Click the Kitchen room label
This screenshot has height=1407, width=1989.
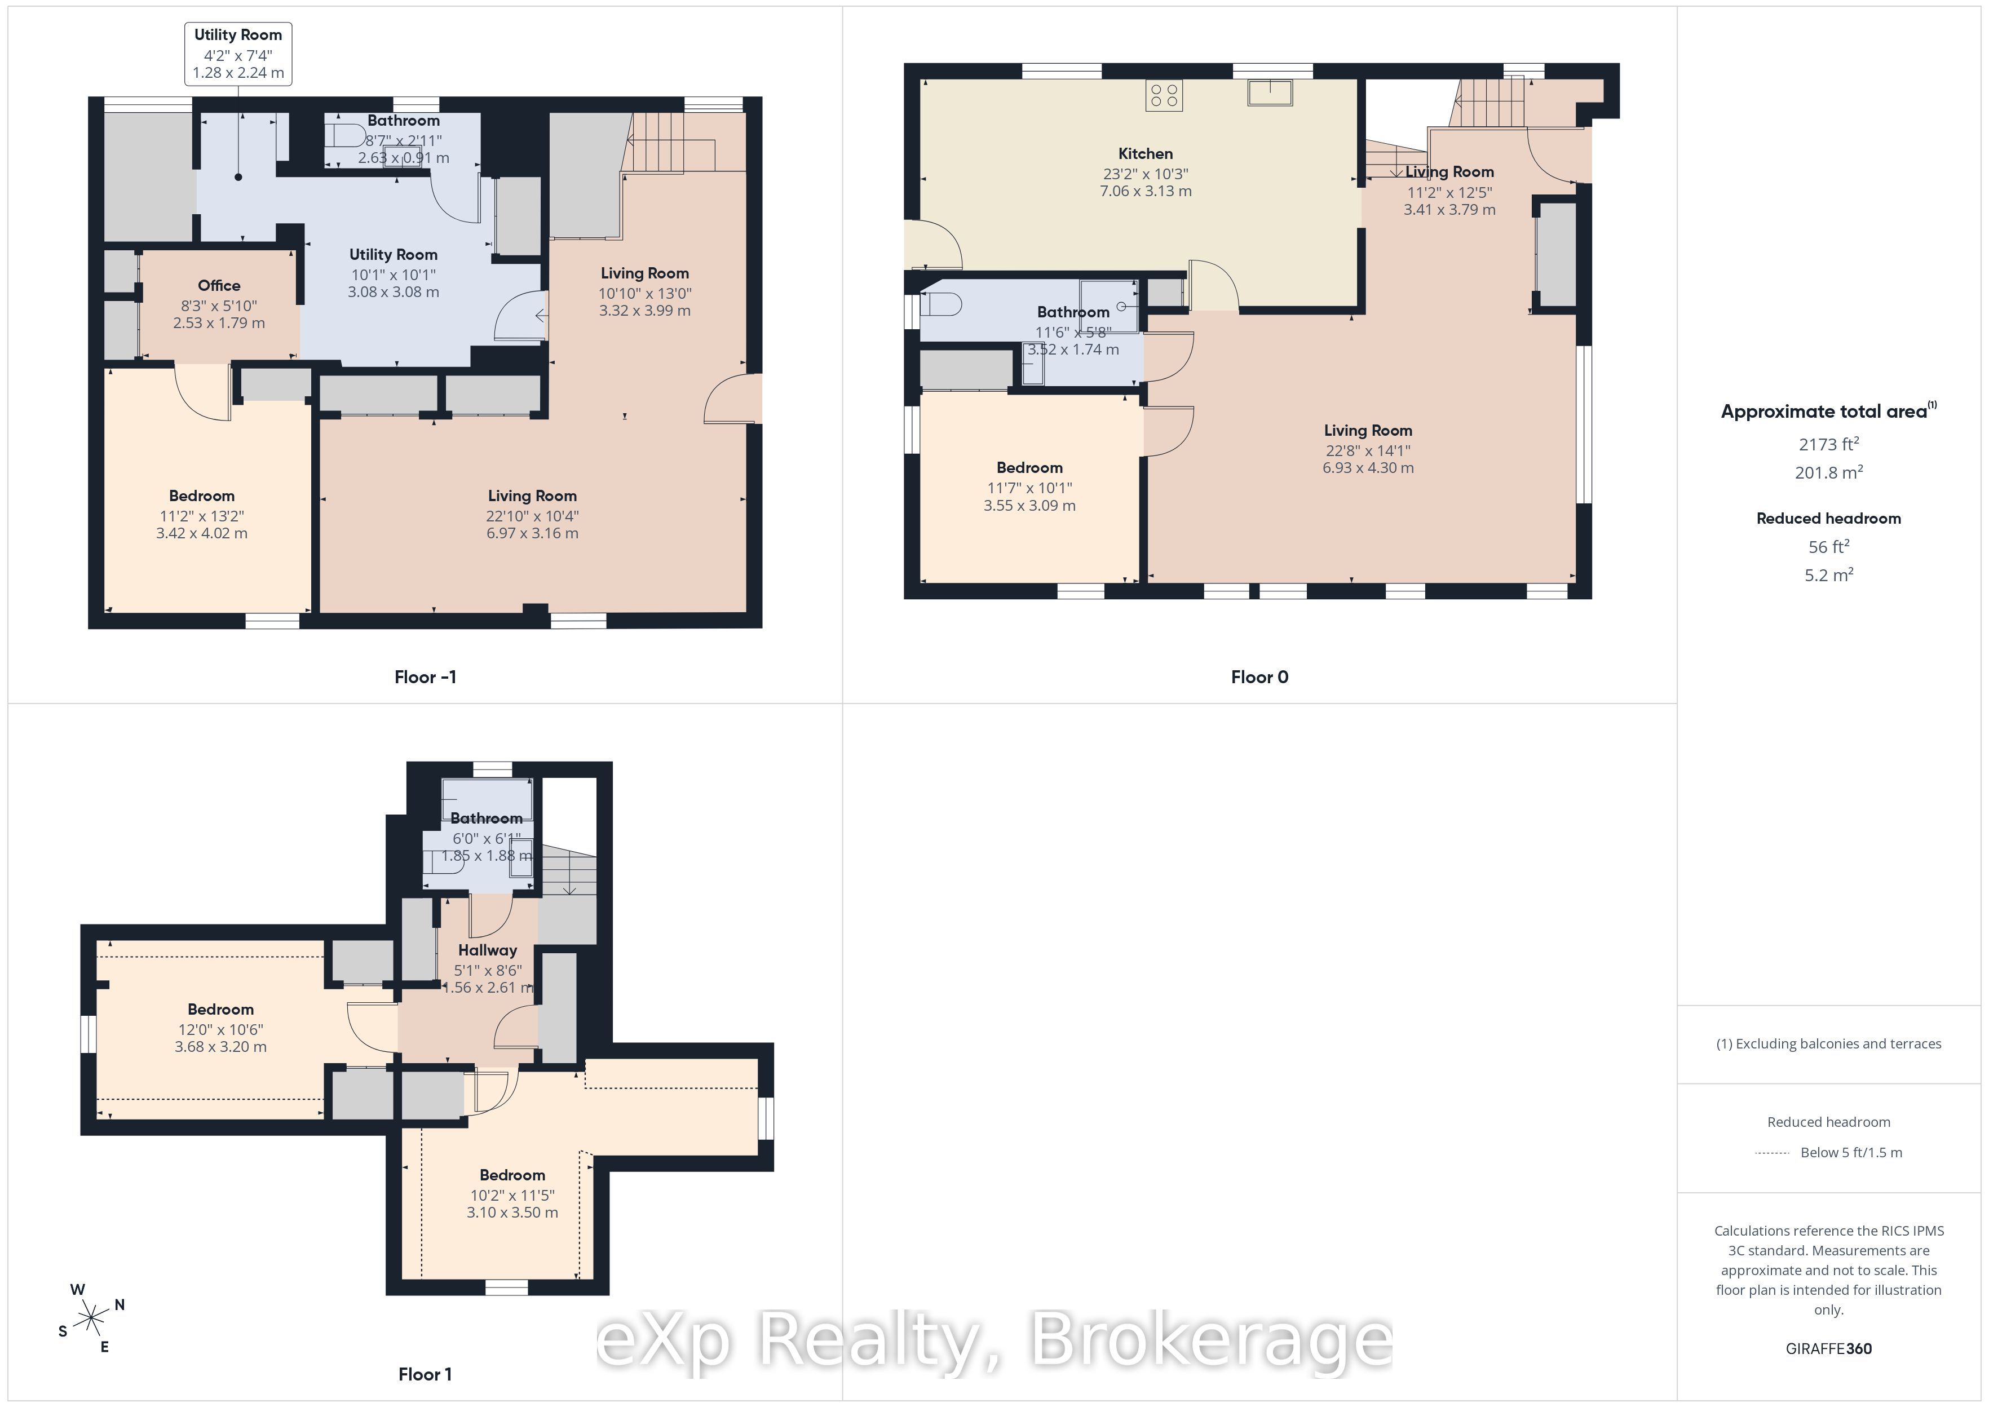[x=1145, y=153]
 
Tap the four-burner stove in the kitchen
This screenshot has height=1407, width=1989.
[x=1164, y=95]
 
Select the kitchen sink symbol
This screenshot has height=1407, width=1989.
[x=1270, y=92]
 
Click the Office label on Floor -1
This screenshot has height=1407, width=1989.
[x=219, y=285]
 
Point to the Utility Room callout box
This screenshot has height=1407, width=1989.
[x=238, y=54]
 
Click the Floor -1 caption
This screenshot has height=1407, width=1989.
[x=425, y=676]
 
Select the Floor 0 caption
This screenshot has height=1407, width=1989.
[x=1259, y=676]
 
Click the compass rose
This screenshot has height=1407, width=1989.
[x=91, y=1318]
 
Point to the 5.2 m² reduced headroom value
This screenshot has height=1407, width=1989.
[x=1829, y=574]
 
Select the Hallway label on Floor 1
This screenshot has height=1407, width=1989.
[x=488, y=949]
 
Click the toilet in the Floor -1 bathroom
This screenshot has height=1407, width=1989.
[x=347, y=136]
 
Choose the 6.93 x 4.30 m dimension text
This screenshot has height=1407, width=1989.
[x=1368, y=468]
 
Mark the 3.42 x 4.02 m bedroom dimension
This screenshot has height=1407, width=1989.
[x=202, y=533]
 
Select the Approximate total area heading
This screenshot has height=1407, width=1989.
[x=1828, y=411]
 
